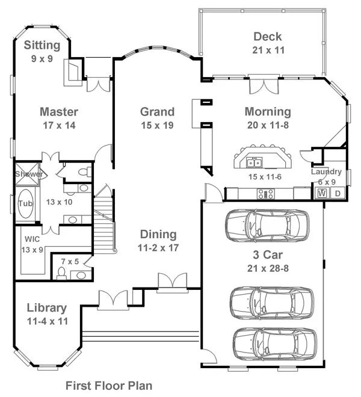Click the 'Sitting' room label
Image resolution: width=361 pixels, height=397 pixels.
click(42, 45)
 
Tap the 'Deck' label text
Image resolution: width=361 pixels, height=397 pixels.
click(268, 37)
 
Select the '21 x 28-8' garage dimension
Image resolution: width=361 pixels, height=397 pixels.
click(268, 268)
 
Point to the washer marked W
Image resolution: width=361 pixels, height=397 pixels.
click(322, 194)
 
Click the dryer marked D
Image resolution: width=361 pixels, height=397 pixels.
click(338, 194)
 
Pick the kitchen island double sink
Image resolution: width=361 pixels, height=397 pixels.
click(255, 163)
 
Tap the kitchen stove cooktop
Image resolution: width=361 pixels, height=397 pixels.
click(266, 194)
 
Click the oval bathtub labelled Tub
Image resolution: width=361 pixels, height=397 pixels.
click(26, 203)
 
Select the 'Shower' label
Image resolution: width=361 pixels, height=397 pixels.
click(29, 174)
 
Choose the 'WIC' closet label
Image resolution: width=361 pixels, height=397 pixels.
click(32, 239)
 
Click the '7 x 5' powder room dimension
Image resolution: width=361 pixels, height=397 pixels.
click(70, 261)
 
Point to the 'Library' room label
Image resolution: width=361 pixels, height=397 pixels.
click(46, 308)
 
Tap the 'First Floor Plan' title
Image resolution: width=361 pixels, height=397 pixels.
click(109, 386)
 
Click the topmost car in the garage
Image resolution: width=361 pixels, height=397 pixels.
click(267, 226)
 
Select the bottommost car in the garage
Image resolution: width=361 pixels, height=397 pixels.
click(275, 345)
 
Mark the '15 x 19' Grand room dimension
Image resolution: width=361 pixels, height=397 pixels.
click(157, 125)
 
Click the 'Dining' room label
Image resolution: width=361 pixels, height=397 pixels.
click(158, 235)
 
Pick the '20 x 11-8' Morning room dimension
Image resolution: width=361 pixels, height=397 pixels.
click(268, 125)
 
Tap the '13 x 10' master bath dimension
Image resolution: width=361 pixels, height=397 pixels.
click(60, 202)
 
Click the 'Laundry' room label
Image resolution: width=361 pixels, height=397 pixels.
click(326, 172)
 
